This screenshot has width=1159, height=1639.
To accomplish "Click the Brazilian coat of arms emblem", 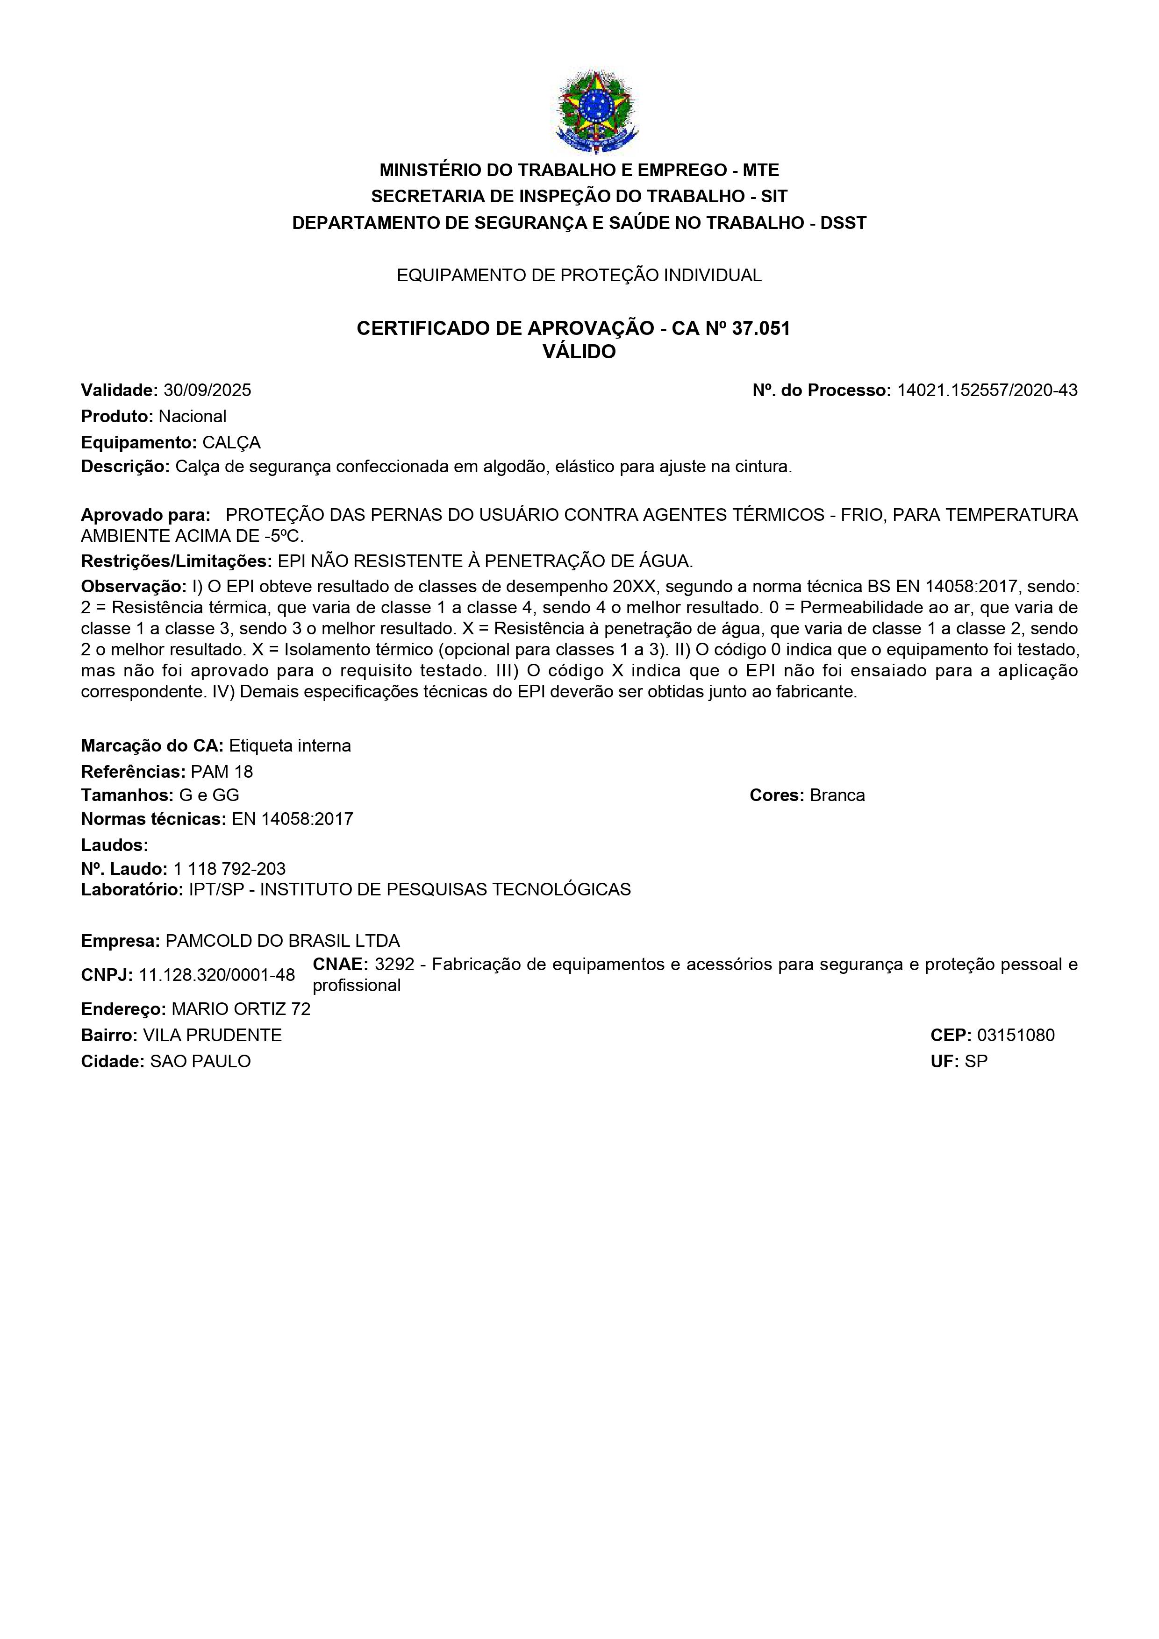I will pos(595,111).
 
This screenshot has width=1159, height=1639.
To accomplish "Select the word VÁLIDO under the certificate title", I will pos(579,352).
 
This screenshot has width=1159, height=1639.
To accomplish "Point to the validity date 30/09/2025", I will pos(207,390).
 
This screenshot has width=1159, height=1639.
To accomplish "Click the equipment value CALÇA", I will pos(231,443).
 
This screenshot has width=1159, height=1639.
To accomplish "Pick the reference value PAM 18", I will pos(222,772).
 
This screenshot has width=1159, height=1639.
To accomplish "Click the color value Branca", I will pos(837,795).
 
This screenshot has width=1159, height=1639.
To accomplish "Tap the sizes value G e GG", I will pos(209,795).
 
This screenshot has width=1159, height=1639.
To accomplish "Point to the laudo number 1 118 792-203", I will pos(229,869).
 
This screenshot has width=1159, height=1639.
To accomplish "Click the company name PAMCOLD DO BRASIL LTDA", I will pos(282,941).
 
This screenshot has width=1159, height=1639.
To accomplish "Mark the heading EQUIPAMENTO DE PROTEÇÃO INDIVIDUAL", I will pos(579,276).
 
